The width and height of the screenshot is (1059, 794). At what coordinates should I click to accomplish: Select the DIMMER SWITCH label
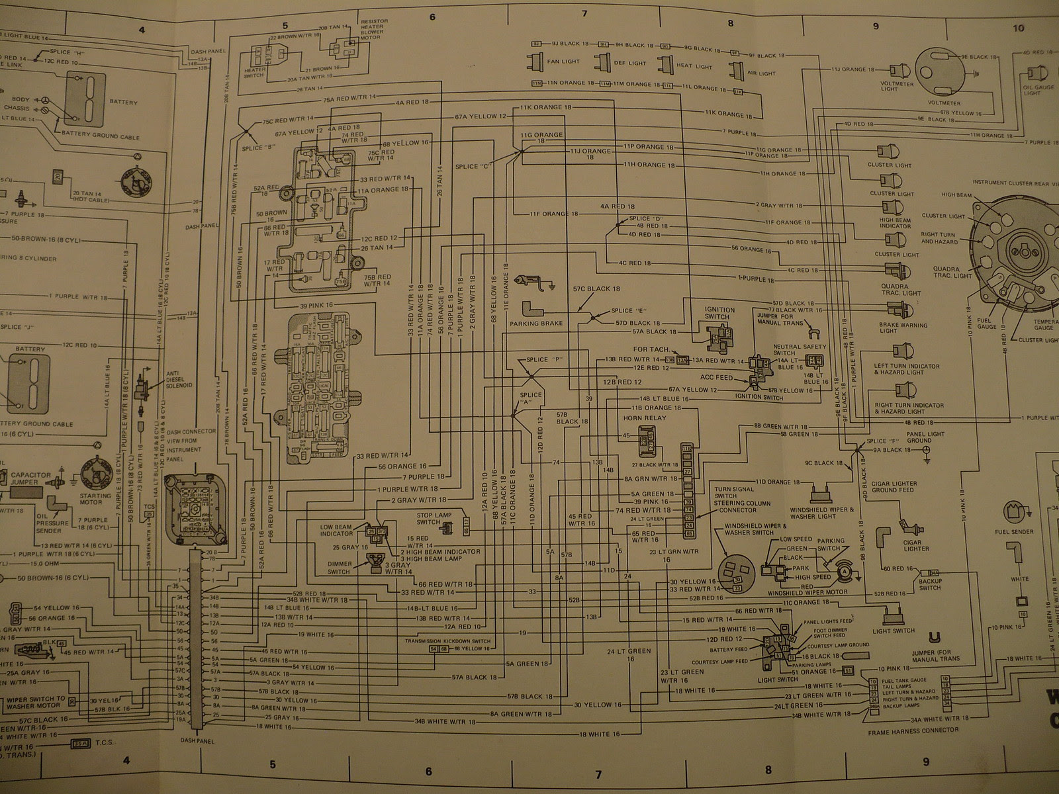[x=339, y=568]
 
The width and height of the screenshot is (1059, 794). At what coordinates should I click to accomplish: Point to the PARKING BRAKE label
[x=536, y=324]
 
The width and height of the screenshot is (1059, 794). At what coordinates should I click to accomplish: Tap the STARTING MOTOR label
[x=95, y=499]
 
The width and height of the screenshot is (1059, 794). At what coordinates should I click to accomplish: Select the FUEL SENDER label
[x=1013, y=531]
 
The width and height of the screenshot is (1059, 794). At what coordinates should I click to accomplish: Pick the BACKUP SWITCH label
[x=929, y=584]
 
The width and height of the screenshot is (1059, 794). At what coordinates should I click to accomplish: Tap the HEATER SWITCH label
[x=255, y=72]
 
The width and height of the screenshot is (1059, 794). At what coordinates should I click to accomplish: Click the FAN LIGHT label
[x=564, y=62]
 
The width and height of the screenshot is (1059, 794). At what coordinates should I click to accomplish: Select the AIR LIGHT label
[x=761, y=73]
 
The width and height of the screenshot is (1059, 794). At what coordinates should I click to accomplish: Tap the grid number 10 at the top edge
[x=1019, y=28]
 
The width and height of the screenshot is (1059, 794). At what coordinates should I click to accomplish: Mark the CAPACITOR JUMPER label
[x=30, y=478]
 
